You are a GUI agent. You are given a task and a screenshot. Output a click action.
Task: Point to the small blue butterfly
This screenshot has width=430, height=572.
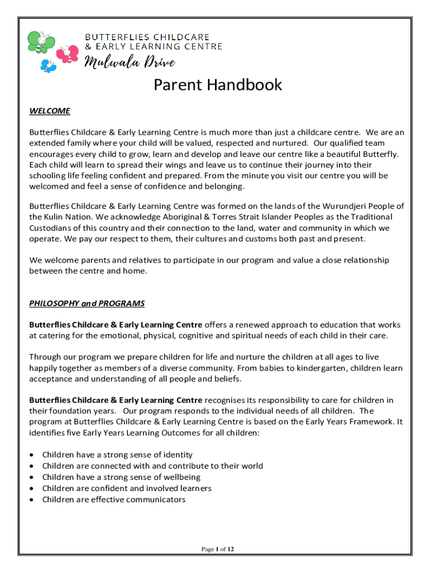49,65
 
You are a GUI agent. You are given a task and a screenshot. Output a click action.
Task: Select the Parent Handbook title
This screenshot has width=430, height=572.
218,85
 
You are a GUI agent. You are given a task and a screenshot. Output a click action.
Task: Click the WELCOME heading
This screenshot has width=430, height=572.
50,111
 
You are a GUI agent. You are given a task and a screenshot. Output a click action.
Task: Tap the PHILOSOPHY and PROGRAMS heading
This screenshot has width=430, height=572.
87,303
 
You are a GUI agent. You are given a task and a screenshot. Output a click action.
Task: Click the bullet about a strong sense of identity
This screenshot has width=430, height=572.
117,455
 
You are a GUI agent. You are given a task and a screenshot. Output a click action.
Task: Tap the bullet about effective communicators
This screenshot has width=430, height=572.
114,499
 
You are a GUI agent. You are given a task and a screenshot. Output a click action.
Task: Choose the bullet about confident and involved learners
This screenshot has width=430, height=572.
127,488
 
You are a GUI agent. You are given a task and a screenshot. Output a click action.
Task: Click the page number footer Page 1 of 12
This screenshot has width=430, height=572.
218,549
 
